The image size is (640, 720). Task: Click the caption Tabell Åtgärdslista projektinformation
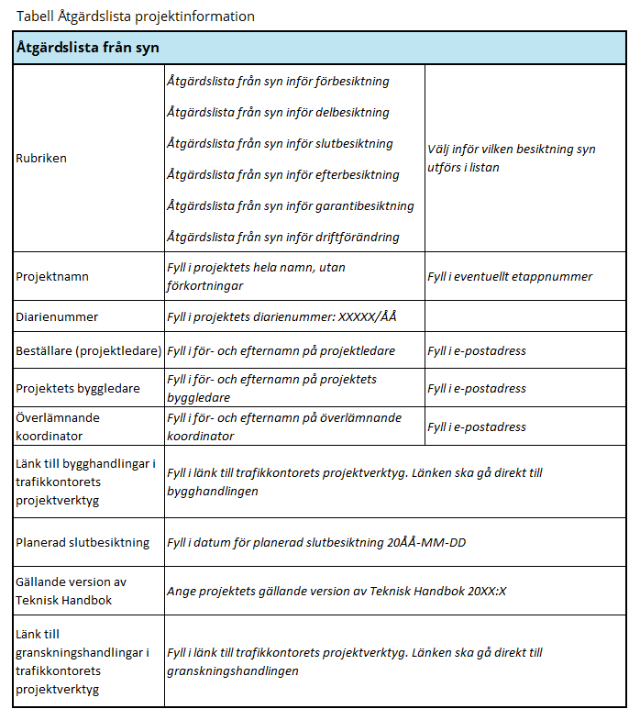(136, 17)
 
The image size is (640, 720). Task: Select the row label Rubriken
(41, 159)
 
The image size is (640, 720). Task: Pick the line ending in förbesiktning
(278, 82)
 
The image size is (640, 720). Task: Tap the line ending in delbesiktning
(278, 113)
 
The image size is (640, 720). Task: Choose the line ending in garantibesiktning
(290, 206)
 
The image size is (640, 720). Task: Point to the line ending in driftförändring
(283, 238)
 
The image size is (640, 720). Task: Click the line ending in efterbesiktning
(283, 175)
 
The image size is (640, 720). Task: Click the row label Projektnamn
(52, 276)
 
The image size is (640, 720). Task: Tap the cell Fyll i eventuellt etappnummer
(510, 276)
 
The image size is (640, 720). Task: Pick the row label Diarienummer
(57, 316)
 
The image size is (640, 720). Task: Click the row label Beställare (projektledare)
(89, 350)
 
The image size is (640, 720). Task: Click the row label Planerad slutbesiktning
(83, 542)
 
